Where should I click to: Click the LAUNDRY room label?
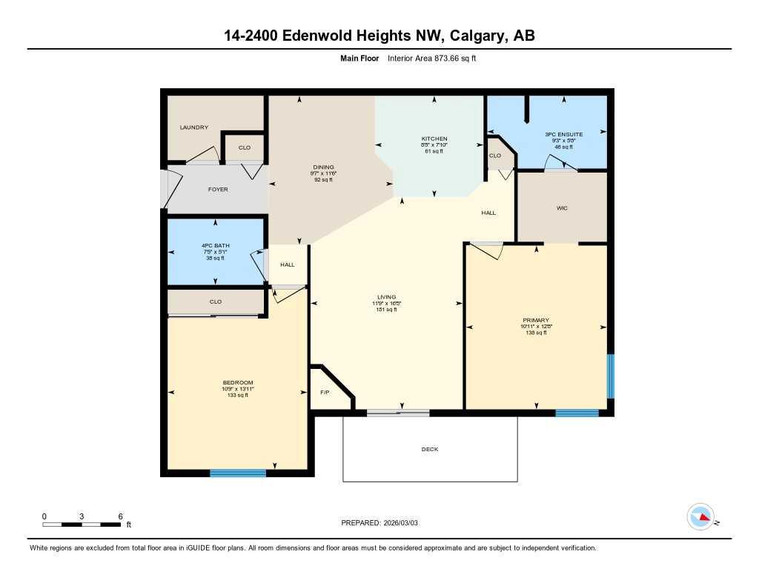tap(194, 127)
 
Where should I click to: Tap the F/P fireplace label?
tap(325, 392)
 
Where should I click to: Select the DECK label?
tap(430, 449)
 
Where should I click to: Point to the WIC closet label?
tap(562, 209)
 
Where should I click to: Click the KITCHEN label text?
tap(434, 139)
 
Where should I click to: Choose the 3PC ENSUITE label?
tap(564, 134)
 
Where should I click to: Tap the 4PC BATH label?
tap(215, 245)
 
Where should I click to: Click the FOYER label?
tap(218, 190)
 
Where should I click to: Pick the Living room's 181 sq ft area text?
tap(386, 310)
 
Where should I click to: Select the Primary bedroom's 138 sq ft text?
tap(535, 333)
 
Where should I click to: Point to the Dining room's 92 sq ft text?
tap(323, 179)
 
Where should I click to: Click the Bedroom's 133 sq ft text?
tap(238, 395)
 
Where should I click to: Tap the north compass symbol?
tap(700, 517)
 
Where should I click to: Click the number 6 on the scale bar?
tap(120, 516)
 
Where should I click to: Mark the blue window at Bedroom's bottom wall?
tap(238, 473)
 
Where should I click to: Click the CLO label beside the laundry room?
tap(245, 147)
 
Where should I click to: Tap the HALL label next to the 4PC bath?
tap(288, 264)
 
